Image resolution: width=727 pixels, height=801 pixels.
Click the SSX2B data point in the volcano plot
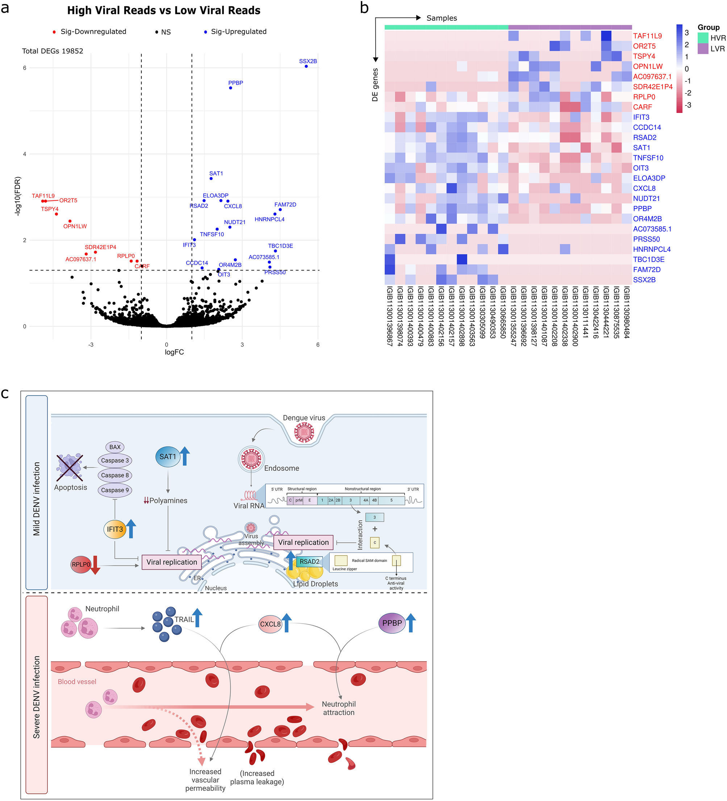tap(306, 66)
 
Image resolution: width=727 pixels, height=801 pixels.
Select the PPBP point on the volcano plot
tap(230, 88)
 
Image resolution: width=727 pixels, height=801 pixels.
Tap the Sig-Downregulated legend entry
tap(89, 32)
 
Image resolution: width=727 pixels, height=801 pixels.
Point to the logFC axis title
tap(174, 352)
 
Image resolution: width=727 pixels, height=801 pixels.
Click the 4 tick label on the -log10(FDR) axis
tap(25, 154)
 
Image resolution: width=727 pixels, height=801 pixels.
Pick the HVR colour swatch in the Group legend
tap(703, 38)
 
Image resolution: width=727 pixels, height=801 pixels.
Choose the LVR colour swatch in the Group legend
tap(703, 49)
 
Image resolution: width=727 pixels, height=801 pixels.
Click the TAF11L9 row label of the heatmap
tap(647, 36)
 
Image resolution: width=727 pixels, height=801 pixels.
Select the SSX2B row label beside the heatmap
tap(644, 280)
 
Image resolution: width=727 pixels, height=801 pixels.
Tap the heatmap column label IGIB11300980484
tap(626, 313)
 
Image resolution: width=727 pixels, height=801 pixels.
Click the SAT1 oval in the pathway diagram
tap(167, 457)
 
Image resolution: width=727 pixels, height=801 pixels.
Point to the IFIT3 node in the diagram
tap(114, 529)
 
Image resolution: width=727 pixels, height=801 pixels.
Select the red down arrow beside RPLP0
tap(95, 565)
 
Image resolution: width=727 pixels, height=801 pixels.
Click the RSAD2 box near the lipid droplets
tap(309, 561)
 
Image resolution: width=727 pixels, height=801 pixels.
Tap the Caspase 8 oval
tap(115, 475)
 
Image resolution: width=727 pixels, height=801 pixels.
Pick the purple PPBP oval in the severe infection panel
tap(392, 623)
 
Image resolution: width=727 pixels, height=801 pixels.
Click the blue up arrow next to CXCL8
tap(287, 622)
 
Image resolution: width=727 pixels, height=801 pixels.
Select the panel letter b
tap(364, 8)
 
